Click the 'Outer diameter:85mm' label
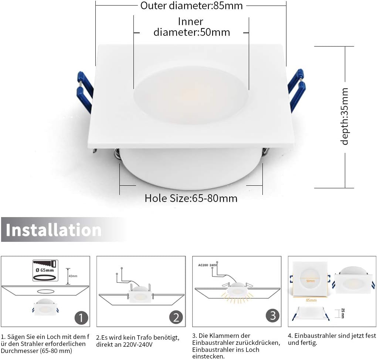191,6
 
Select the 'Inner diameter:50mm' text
191,27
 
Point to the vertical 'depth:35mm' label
344,116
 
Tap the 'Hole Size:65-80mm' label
191,198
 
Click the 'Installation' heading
54,230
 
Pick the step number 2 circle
176,318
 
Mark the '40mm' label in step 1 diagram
74,276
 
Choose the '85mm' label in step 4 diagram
312,300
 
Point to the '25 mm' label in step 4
342,313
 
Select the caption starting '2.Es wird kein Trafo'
137,341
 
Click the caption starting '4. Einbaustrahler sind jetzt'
332,339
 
